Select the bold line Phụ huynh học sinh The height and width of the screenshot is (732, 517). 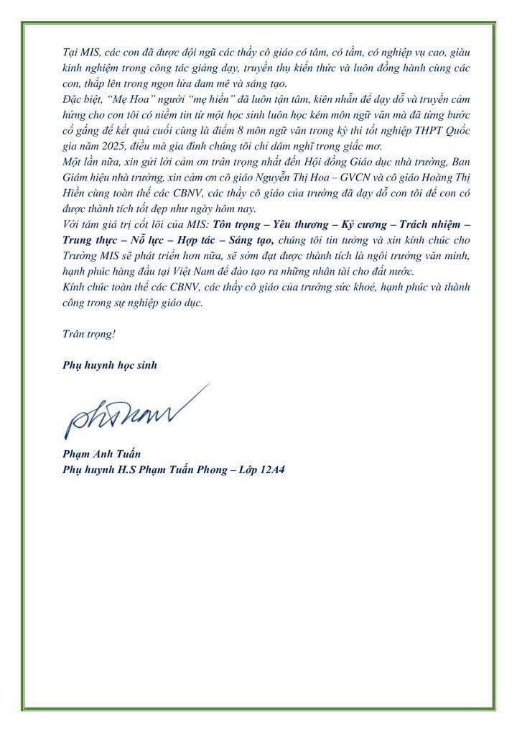[x=108, y=365]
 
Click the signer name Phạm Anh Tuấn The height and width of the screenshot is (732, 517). [x=98, y=453]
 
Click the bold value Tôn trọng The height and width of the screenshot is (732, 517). [x=237, y=224]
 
